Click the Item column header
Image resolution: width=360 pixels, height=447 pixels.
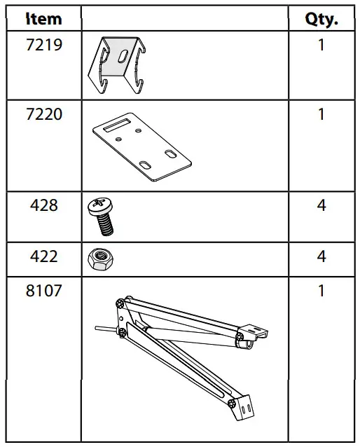click(x=43, y=19)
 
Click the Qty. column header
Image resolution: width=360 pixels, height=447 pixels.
click(x=321, y=19)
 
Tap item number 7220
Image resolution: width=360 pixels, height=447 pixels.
click(x=43, y=114)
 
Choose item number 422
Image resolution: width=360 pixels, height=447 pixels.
click(x=43, y=256)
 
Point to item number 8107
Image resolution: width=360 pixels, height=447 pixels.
click(x=43, y=291)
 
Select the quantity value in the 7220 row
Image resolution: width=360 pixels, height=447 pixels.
click(x=321, y=114)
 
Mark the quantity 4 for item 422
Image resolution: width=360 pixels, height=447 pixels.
click(x=321, y=256)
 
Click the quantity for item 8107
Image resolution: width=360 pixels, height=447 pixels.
click(x=321, y=291)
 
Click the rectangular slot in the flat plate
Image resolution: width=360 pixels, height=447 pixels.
click(x=116, y=126)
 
